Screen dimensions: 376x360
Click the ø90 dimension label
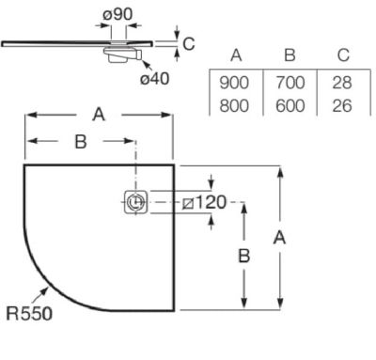[117, 14]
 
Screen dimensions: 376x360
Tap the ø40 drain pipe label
[155, 79]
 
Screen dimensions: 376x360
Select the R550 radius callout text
[29, 313]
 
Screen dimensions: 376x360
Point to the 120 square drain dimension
[204, 202]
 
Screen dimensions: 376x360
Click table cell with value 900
[234, 83]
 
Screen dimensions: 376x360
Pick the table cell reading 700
[290, 83]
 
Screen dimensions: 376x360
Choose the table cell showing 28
[342, 83]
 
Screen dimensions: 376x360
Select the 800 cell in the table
[234, 105]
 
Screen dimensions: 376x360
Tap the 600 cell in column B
[290, 105]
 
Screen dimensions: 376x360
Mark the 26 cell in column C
[342, 105]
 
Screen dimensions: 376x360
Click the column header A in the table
[236, 55]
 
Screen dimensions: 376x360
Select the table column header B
[290, 55]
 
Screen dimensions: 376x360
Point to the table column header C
[343, 55]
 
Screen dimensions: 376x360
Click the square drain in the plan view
[135, 202]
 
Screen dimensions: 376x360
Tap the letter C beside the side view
[189, 44]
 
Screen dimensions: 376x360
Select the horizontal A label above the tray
[99, 115]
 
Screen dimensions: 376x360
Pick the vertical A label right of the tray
[279, 238]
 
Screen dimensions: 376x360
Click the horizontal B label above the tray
[81, 142]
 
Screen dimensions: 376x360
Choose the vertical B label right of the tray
[244, 256]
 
